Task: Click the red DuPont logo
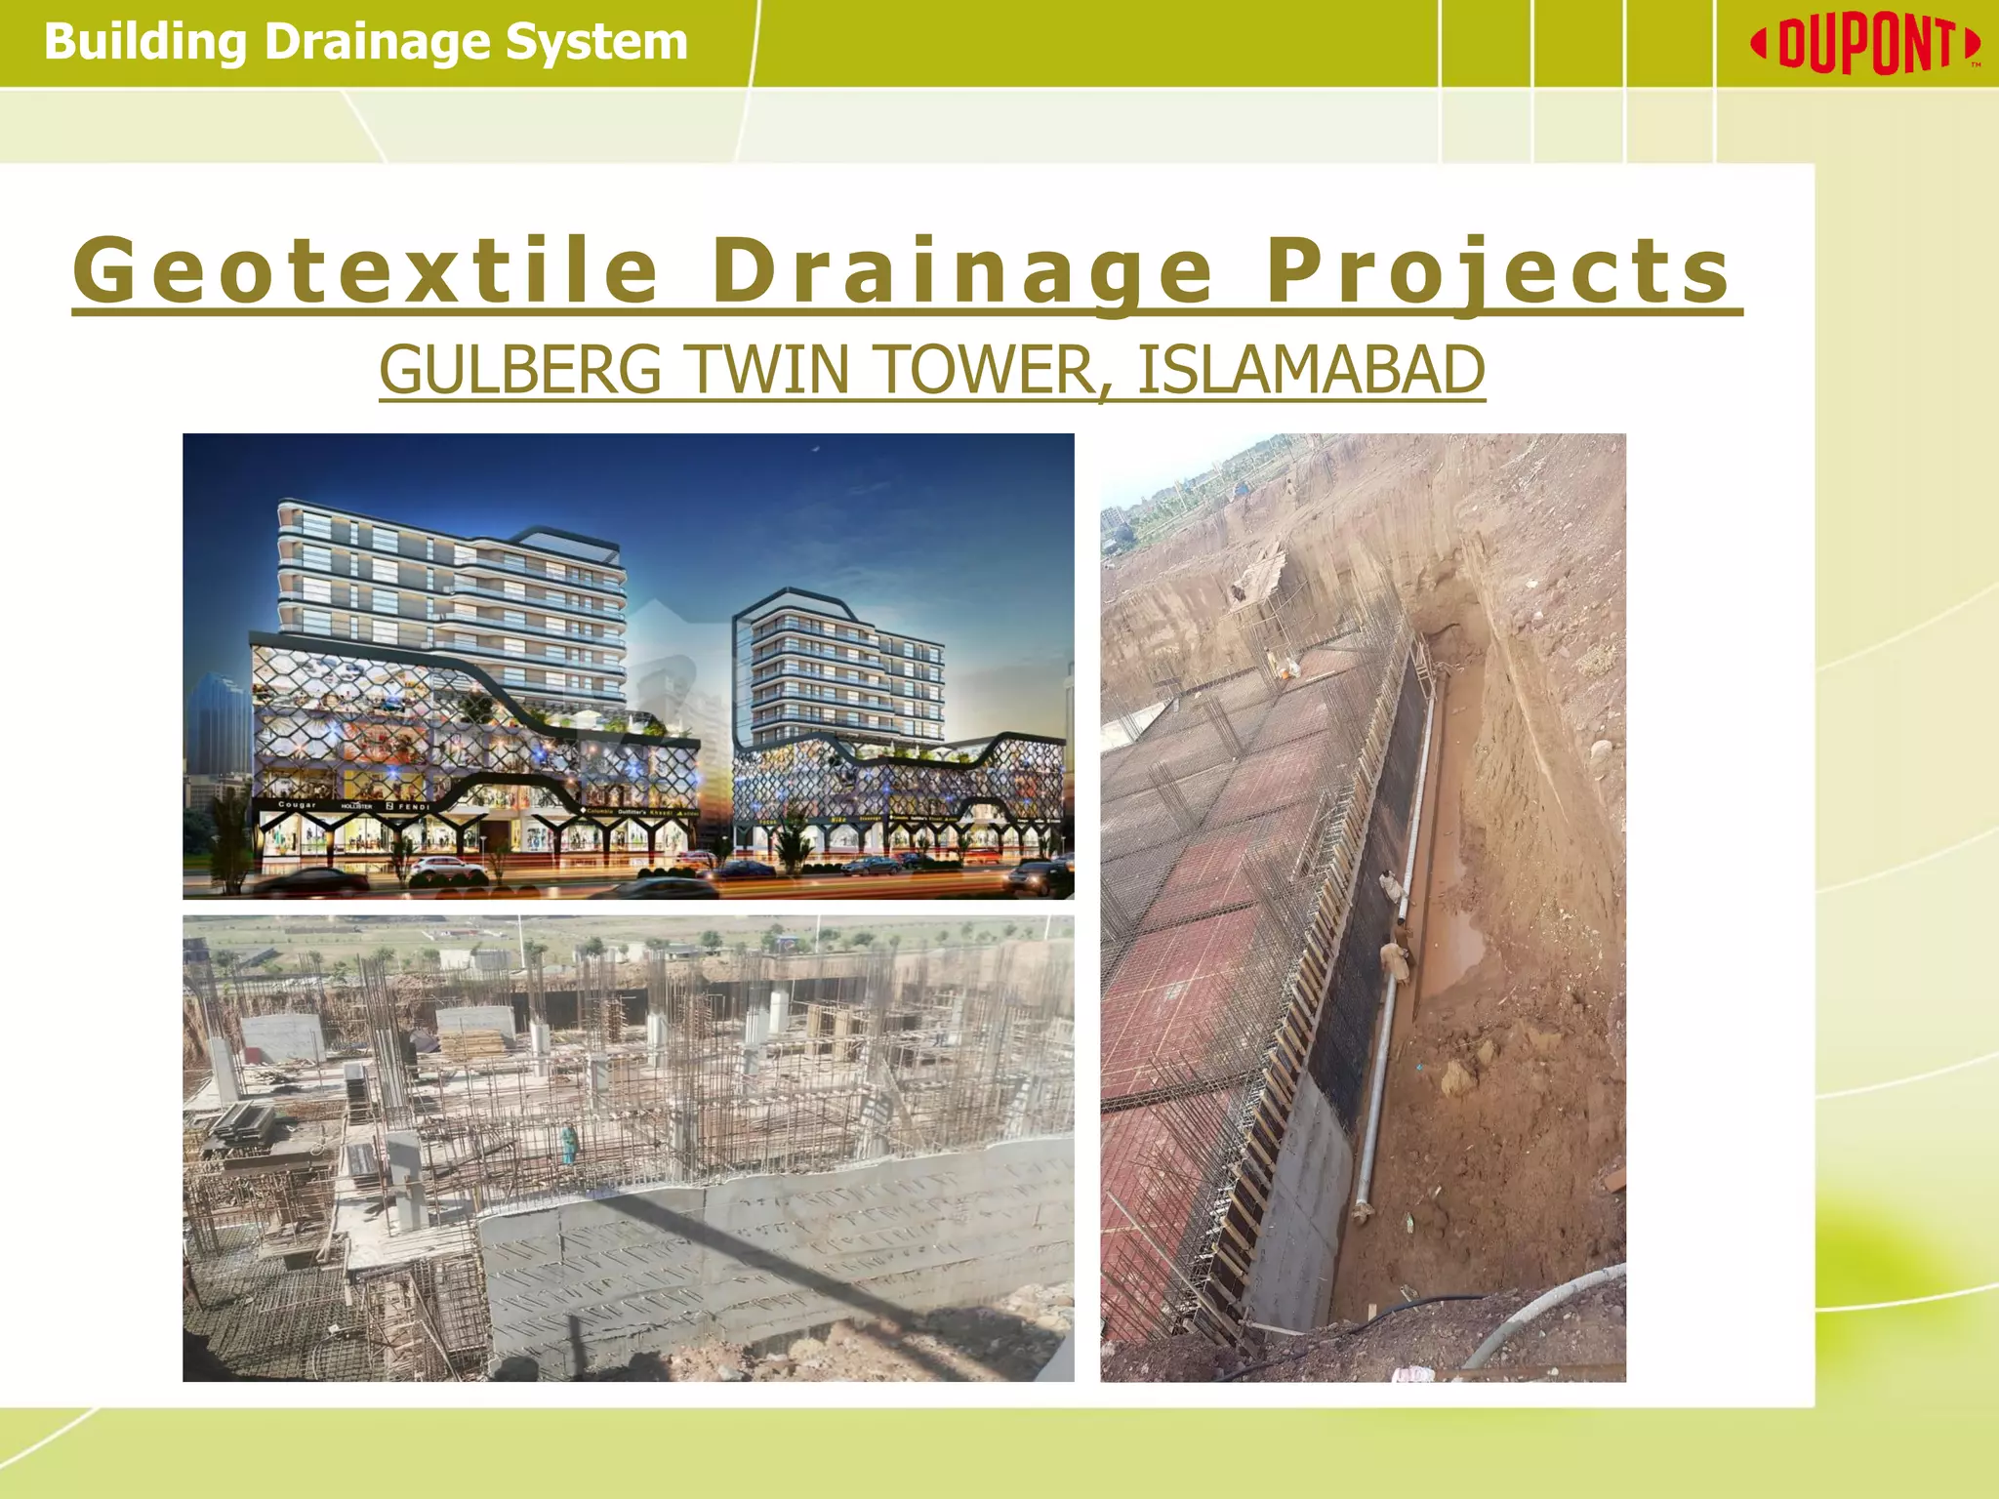pyautogui.click(x=1864, y=44)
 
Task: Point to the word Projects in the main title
pyautogui.click(x=1498, y=270)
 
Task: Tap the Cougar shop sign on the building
pyautogui.click(x=298, y=805)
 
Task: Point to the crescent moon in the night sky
pyautogui.click(x=816, y=449)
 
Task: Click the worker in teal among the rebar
pyautogui.click(x=568, y=1143)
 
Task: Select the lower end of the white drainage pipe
pyautogui.click(x=1362, y=1210)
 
